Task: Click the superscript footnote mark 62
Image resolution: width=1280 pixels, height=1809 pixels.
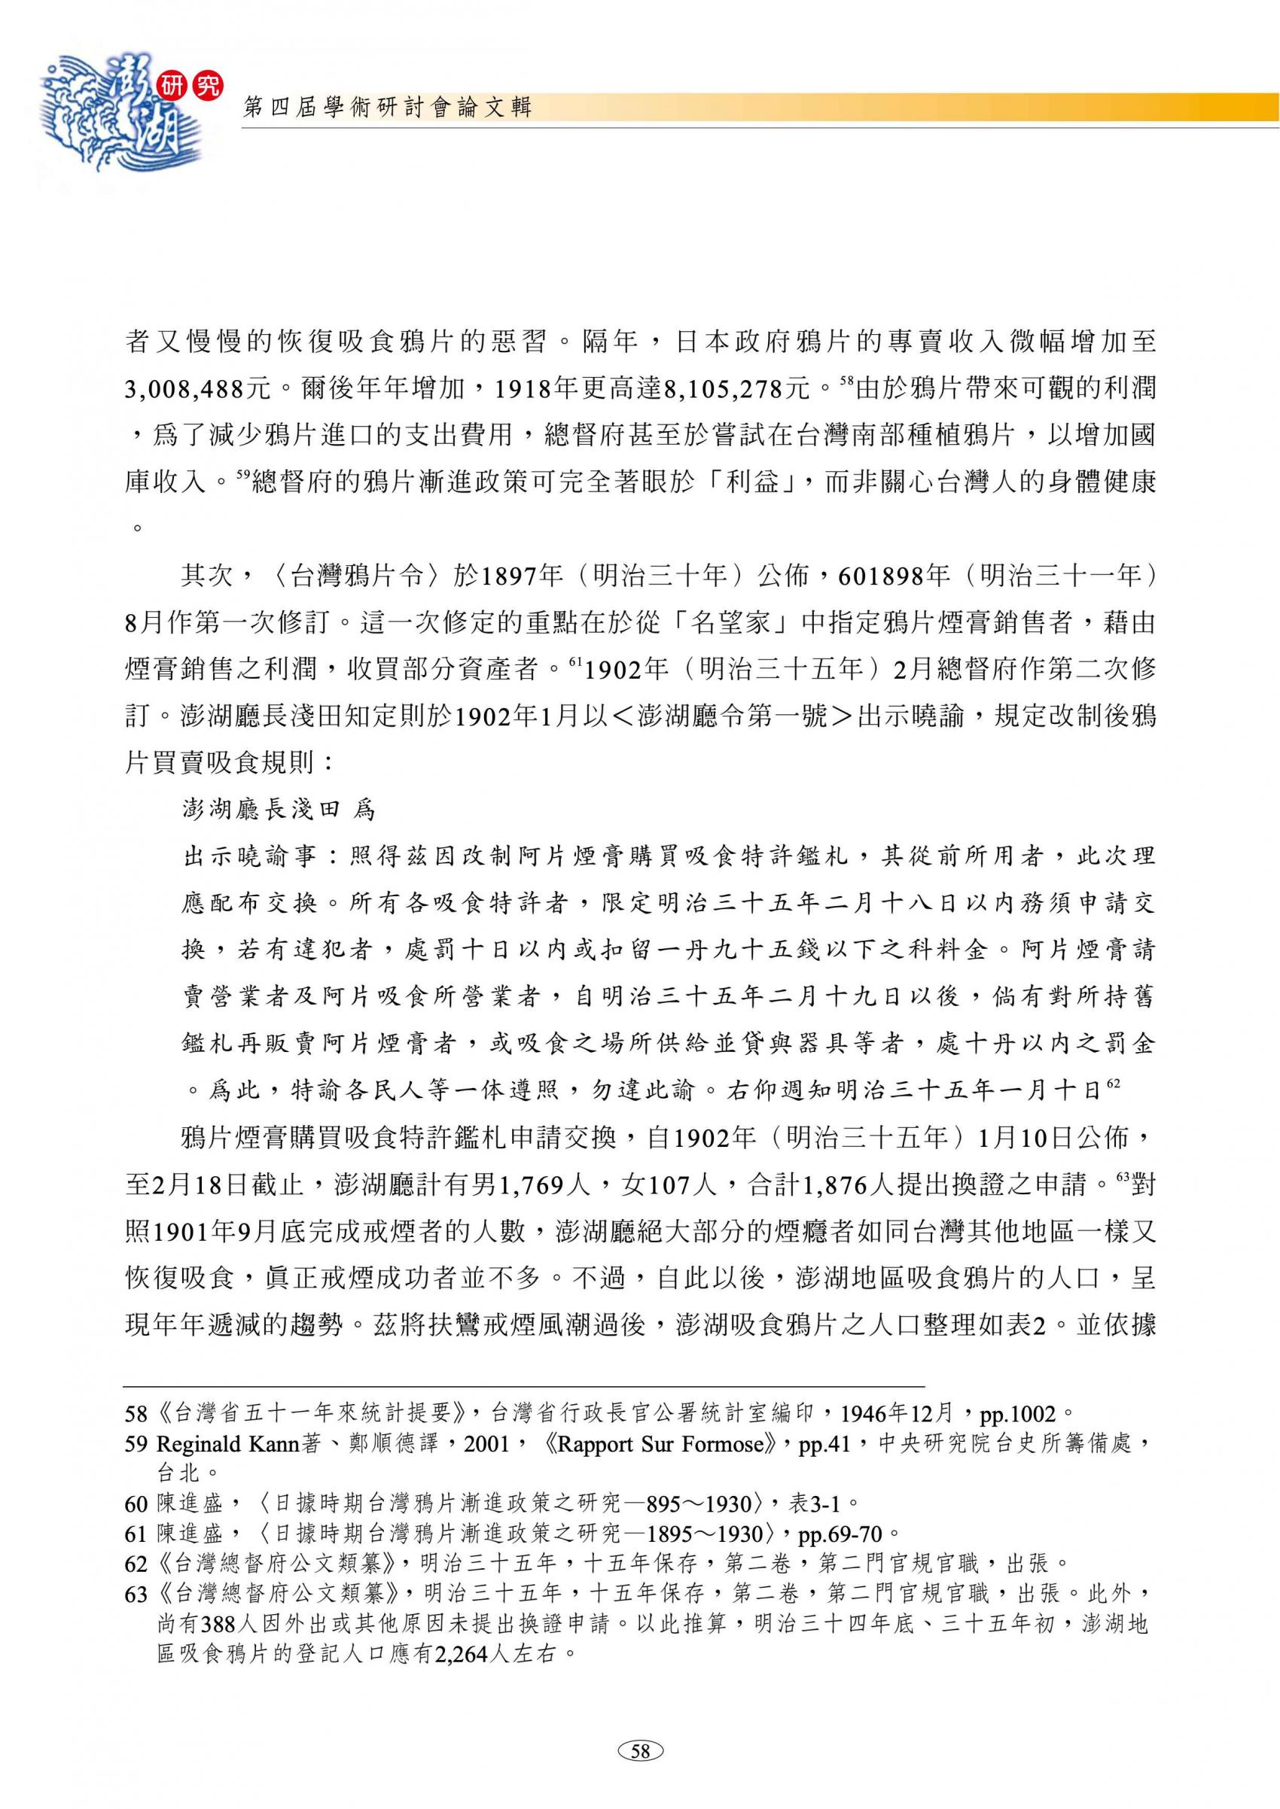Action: pyautogui.click(x=1113, y=1084)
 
